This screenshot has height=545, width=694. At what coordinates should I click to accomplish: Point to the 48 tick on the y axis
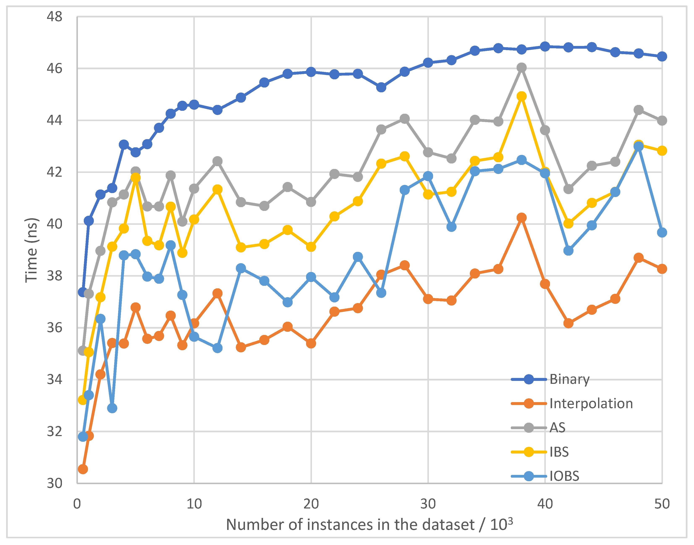point(54,17)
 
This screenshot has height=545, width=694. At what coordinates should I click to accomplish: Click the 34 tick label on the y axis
point(54,380)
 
